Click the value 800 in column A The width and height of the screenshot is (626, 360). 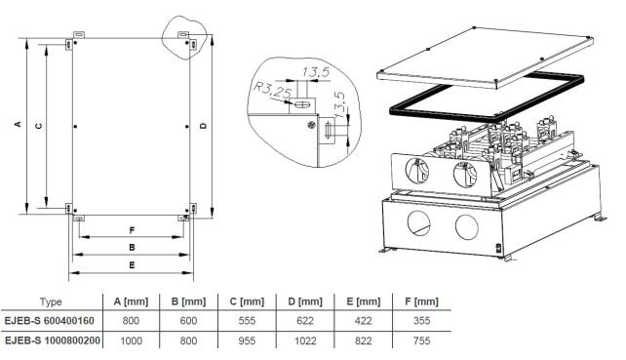(131, 320)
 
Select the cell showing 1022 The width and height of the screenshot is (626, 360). (305, 340)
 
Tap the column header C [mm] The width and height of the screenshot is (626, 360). (247, 301)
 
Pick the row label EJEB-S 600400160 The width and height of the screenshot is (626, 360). (49, 320)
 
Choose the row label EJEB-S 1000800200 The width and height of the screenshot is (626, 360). (53, 340)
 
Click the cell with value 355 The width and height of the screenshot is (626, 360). (421, 320)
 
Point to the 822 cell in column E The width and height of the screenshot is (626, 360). (363, 340)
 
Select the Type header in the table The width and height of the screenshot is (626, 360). (51, 301)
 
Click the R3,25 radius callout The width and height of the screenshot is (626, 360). (273, 91)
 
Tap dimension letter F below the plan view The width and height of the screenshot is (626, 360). (132, 230)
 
